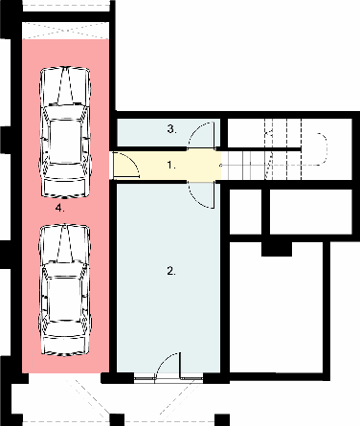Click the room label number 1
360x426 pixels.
point(171,165)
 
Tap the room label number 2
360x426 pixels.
point(171,271)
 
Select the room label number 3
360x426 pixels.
point(171,128)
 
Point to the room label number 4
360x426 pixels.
point(60,206)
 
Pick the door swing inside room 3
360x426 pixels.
point(203,134)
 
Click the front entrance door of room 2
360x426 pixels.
point(169,369)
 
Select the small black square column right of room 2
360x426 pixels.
point(276,248)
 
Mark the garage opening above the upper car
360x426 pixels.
point(65,19)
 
